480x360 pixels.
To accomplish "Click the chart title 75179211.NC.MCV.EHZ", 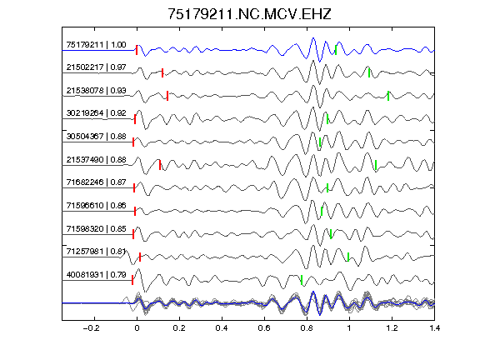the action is [x=249, y=14].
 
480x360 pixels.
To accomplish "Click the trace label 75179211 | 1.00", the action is [x=96, y=45].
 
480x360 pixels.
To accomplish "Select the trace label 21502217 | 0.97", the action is [x=96, y=67].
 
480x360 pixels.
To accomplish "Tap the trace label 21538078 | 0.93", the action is [x=96, y=91].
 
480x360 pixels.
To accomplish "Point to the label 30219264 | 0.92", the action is [x=96, y=113].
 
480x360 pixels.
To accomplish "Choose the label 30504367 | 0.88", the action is [x=96, y=136].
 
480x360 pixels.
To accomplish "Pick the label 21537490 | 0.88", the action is [x=96, y=160].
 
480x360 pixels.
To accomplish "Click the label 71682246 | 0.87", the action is [x=96, y=182].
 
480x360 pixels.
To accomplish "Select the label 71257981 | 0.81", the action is [x=96, y=252].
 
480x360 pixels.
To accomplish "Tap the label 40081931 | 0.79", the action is [x=96, y=275].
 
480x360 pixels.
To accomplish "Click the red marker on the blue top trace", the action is [x=137, y=50].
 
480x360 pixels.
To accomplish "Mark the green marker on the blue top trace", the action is [x=336, y=50].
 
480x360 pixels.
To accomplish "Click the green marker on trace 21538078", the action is [x=388, y=96].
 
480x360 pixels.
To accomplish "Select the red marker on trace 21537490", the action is [x=160, y=165].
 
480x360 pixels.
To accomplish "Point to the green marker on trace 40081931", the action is [x=302, y=280].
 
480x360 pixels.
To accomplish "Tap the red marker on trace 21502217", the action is [x=162, y=72].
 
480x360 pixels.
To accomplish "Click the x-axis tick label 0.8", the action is [x=307, y=328].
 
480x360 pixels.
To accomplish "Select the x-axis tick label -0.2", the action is [x=91, y=328].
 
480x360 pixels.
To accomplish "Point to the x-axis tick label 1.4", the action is [x=434, y=328].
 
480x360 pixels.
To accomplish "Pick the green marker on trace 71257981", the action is [x=348, y=257].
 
